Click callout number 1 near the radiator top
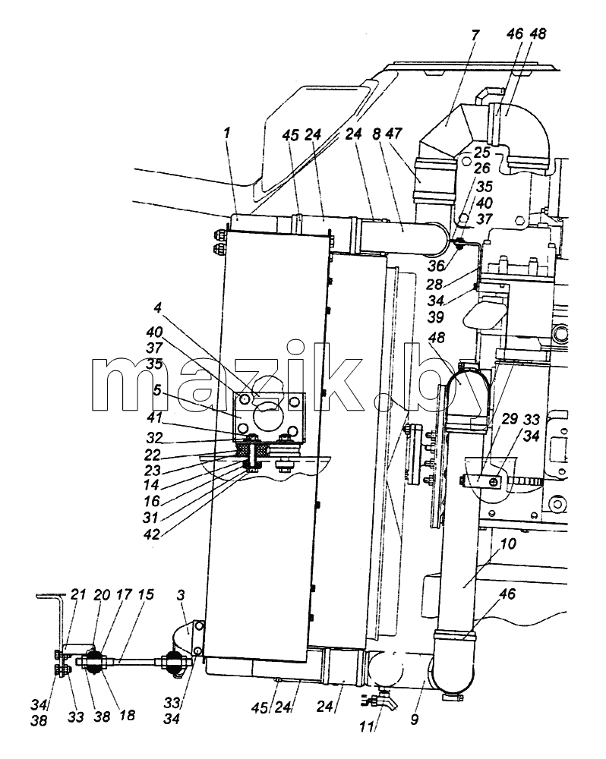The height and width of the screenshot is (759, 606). click(228, 133)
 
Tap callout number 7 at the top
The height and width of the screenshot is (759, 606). click(475, 36)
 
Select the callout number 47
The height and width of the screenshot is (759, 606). click(394, 133)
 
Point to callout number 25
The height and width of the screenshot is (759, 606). click(482, 152)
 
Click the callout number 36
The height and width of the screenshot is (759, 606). click(437, 265)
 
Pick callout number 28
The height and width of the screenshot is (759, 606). click(434, 284)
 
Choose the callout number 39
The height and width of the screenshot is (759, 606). click(436, 317)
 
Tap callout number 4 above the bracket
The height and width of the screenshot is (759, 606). click(158, 308)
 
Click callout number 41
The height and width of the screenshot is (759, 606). click(154, 417)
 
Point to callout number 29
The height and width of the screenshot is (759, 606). click(510, 418)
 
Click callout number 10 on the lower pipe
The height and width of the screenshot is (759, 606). click(508, 543)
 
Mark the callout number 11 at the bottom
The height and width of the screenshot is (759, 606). click(367, 726)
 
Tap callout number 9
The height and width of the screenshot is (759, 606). click(414, 720)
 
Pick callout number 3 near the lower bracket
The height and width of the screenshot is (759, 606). click(181, 595)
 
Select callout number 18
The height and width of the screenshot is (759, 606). click(127, 716)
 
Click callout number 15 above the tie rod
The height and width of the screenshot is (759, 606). click(146, 594)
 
